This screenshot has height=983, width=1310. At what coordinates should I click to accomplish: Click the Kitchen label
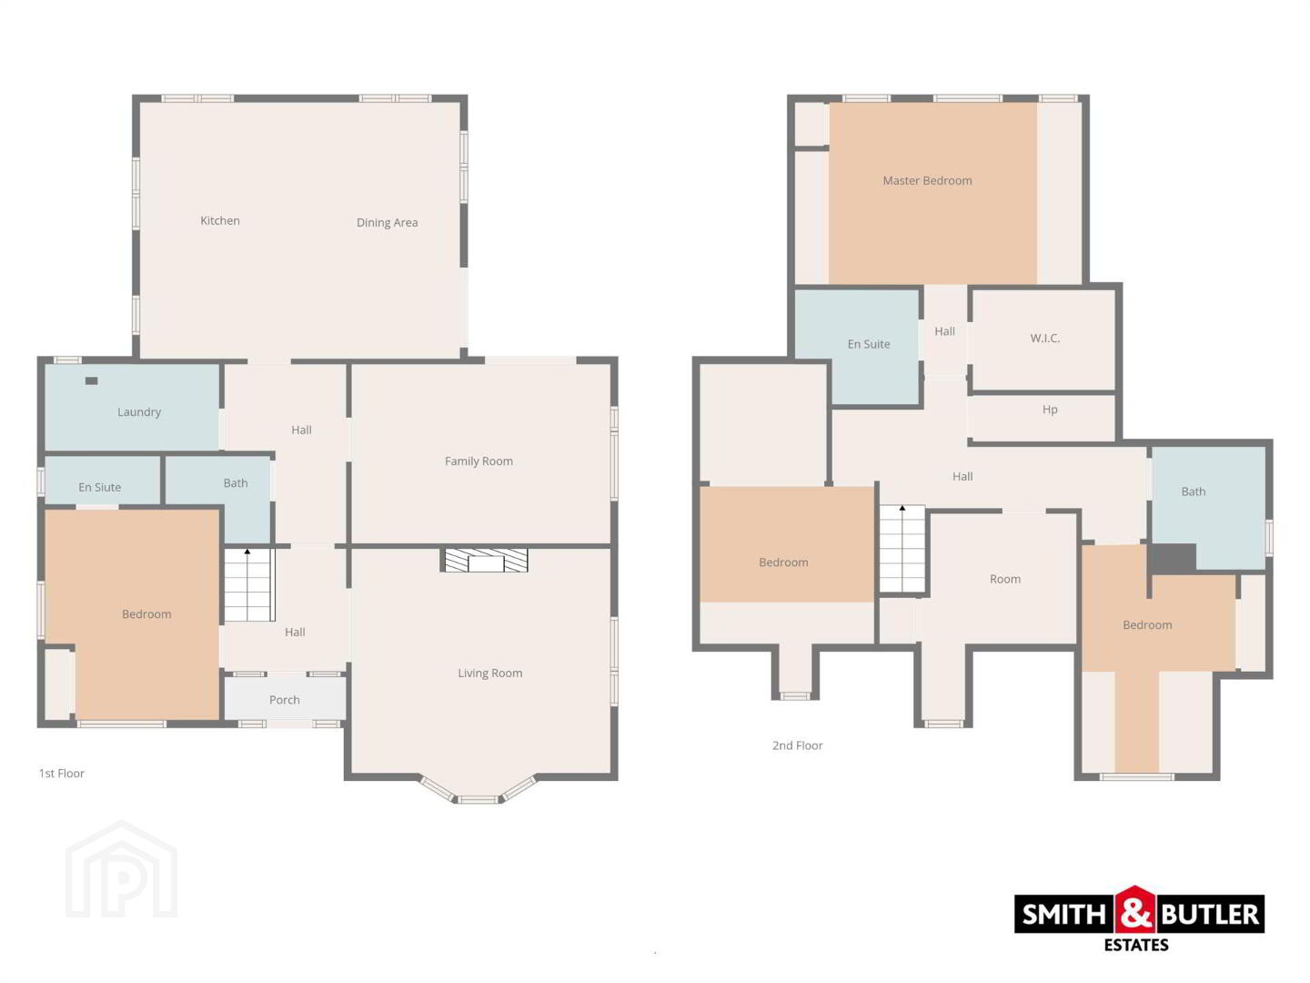220,221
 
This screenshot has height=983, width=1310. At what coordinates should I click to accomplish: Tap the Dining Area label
388,223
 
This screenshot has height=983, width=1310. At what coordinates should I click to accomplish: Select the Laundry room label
139,411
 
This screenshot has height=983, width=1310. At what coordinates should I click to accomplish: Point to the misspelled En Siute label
100,487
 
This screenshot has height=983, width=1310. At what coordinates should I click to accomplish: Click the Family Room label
479,461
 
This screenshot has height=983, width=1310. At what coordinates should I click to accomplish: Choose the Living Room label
490,673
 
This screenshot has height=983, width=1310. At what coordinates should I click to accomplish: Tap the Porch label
284,700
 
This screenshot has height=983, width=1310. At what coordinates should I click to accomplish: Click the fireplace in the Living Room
486,560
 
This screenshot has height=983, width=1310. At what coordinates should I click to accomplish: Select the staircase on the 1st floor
249,585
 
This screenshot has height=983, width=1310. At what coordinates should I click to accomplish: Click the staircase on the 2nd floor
902,549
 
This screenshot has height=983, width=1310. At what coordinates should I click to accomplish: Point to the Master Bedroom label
927,180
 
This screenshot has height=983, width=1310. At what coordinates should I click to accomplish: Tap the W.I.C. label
1045,339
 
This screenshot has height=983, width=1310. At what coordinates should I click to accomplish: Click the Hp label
1050,410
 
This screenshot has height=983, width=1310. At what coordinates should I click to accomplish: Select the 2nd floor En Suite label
869,344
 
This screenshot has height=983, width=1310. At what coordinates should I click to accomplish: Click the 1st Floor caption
62,773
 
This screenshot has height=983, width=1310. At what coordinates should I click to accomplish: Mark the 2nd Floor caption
797,745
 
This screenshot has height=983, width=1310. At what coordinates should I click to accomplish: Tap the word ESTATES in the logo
1136,945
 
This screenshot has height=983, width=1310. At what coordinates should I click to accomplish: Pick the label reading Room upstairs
1005,579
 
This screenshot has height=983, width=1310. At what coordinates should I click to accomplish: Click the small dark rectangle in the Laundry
91,380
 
